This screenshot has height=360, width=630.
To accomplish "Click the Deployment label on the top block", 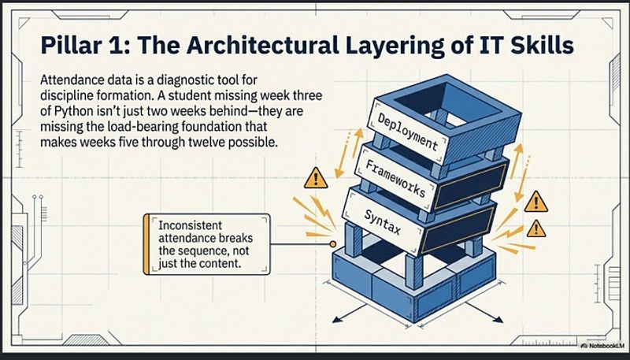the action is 407,131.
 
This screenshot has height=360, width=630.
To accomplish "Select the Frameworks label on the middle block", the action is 395,178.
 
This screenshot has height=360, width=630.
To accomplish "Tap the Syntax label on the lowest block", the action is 382,222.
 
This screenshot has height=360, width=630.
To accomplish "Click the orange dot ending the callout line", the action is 332,244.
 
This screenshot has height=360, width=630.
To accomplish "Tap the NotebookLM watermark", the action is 602,345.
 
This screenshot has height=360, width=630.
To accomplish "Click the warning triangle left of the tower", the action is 316,179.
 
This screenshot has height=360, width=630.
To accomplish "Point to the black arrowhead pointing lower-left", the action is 338,319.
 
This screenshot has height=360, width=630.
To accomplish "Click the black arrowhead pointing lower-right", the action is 498,319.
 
